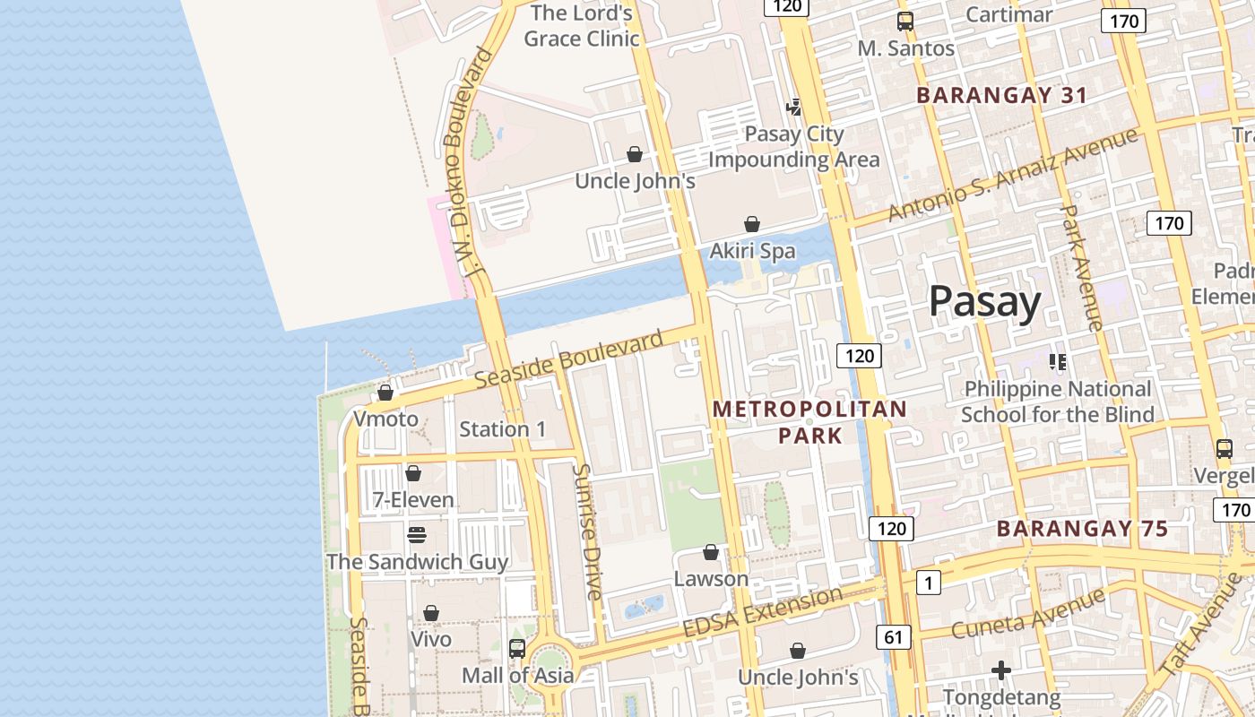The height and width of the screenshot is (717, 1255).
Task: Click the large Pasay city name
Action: (984, 302)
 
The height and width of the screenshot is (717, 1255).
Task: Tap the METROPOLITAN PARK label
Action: (809, 422)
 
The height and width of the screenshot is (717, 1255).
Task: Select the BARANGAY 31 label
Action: (1001, 95)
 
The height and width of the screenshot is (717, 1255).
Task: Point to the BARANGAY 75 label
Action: (1082, 529)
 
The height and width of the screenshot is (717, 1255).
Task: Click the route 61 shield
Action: (893, 637)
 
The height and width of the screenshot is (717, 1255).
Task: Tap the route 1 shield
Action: (928, 583)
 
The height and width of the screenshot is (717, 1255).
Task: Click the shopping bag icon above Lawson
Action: (711, 552)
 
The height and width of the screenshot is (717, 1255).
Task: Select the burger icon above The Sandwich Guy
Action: (417, 535)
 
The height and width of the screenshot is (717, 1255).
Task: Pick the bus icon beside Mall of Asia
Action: (517, 648)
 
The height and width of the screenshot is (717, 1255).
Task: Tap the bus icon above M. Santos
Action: (905, 22)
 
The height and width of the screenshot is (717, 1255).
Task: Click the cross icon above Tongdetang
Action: (1001, 669)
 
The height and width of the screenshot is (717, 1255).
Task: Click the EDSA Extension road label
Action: (763, 612)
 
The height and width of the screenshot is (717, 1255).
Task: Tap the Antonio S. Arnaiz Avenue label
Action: (1013, 174)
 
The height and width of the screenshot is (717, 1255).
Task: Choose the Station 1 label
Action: (502, 429)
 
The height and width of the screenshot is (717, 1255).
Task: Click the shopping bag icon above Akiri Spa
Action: (752, 224)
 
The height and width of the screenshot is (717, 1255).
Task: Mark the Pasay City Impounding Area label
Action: (794, 147)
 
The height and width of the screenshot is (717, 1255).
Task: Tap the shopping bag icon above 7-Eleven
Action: (413, 473)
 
